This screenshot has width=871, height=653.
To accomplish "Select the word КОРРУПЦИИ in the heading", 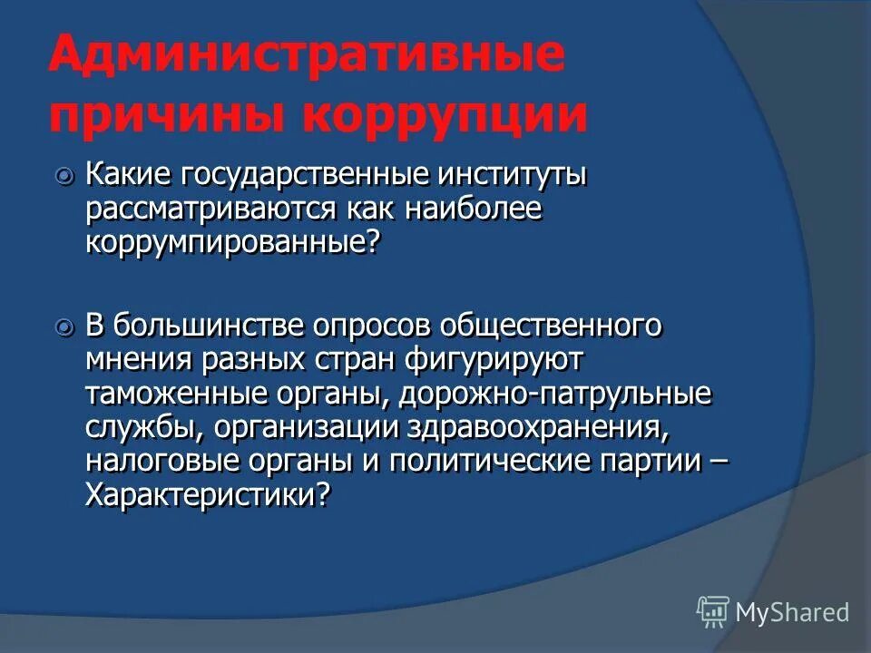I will pyautogui.click(x=444, y=118).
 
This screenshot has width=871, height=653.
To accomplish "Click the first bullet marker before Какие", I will pyautogui.click(x=64, y=176).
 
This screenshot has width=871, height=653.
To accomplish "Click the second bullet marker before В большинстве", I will pyautogui.click(x=64, y=326).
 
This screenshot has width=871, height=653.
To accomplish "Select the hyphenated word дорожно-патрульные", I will pyautogui.click(x=556, y=395).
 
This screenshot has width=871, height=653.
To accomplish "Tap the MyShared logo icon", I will pyautogui.click(x=713, y=611).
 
